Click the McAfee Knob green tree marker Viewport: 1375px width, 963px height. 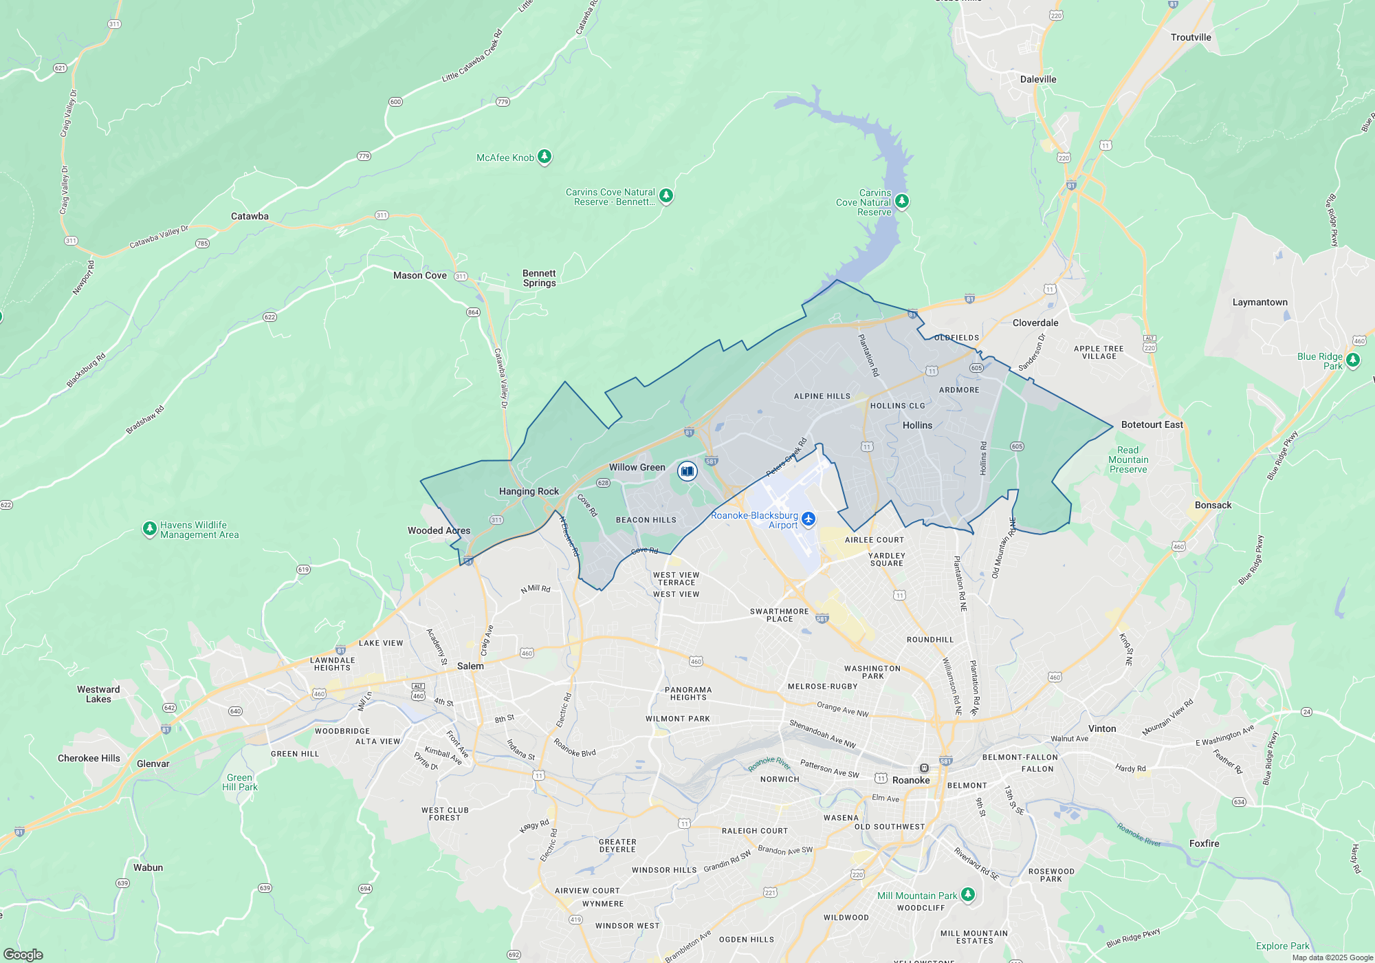click(x=544, y=157)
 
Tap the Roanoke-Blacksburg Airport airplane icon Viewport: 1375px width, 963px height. click(x=808, y=519)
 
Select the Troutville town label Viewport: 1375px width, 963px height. click(x=1191, y=38)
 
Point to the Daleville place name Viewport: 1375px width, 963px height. click(x=1038, y=80)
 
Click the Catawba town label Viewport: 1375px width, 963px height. click(x=250, y=217)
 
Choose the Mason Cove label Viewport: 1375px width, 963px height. click(x=419, y=276)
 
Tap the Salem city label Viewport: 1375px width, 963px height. click(x=470, y=667)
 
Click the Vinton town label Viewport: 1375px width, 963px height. click(x=1102, y=729)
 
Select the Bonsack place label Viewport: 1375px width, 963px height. click(x=1213, y=506)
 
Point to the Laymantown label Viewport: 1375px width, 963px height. click(x=1259, y=303)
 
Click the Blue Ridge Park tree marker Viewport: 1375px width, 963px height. click(x=1352, y=360)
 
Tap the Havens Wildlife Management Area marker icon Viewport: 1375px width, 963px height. click(x=149, y=529)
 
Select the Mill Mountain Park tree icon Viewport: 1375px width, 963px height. click(x=968, y=894)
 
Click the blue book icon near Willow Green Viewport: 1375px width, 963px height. click(x=687, y=471)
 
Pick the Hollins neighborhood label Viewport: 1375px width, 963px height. click(x=917, y=426)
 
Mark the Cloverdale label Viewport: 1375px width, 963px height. click(x=1035, y=323)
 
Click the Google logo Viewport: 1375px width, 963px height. click(x=23, y=954)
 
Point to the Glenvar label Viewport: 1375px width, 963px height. click(x=153, y=764)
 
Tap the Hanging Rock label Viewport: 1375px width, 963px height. click(x=529, y=492)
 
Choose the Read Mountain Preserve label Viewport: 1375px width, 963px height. click(x=1128, y=460)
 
